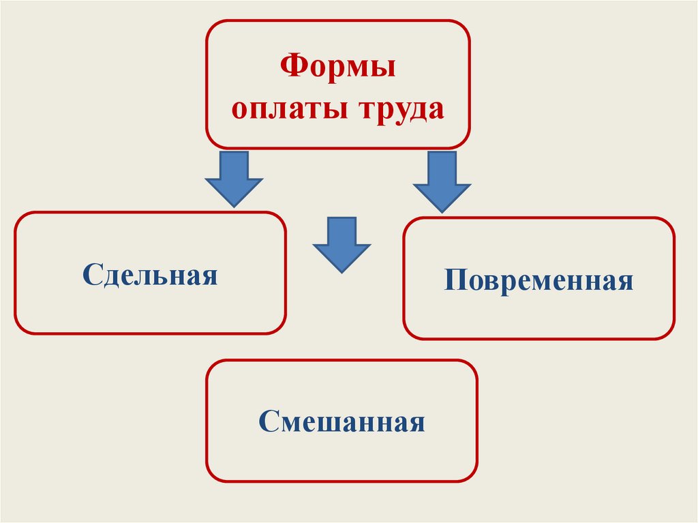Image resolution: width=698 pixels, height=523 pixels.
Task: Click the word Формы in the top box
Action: tap(339, 69)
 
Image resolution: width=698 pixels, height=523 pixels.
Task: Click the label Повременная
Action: tap(538, 280)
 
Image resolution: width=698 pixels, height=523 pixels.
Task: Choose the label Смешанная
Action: tap(342, 421)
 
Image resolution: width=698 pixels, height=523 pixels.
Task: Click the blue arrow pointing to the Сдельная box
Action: tap(234, 179)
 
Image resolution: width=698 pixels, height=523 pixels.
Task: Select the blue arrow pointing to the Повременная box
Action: tap(442, 181)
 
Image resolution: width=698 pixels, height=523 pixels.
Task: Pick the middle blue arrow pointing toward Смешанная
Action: tap(342, 244)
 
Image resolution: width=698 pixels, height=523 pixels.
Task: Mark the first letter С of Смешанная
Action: tap(267, 421)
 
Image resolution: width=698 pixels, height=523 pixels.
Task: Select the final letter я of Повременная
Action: tap(626, 282)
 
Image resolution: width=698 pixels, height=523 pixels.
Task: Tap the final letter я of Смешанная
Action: tap(417, 423)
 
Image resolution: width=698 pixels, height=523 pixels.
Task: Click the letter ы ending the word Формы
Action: tap(385, 70)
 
